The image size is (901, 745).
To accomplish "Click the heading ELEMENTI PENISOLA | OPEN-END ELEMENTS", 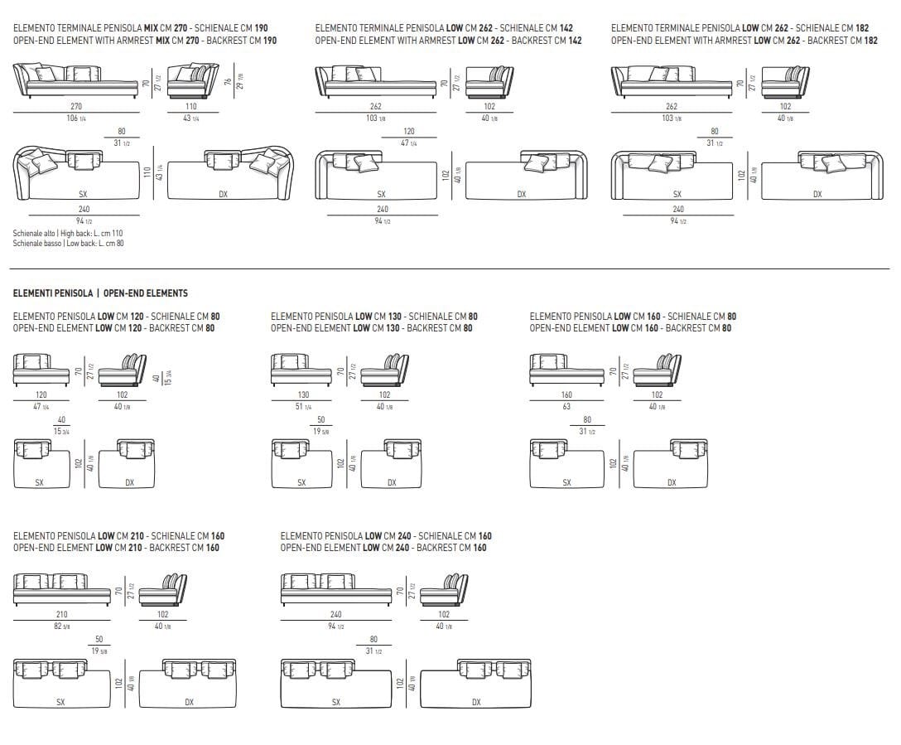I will coord(100,293).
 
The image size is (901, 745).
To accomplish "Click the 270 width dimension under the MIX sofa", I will coord(76,107).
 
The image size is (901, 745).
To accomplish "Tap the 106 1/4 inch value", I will coord(76,119).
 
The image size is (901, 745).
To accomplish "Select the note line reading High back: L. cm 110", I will coord(68,234).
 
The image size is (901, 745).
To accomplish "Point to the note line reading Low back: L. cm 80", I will coord(68,244).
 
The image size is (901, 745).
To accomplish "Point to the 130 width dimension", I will coord(303,395).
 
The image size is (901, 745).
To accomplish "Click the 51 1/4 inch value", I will coord(303,407).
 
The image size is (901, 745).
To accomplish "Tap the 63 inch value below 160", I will coord(566,407).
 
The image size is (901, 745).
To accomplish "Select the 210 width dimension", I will coord(61,614).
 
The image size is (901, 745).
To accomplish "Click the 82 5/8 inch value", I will coord(61,626).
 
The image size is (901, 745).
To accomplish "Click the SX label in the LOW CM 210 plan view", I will coord(60,702).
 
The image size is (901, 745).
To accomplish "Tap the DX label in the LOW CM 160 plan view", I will coord(672,482).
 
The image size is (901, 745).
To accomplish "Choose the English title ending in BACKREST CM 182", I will coord(744,40).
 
